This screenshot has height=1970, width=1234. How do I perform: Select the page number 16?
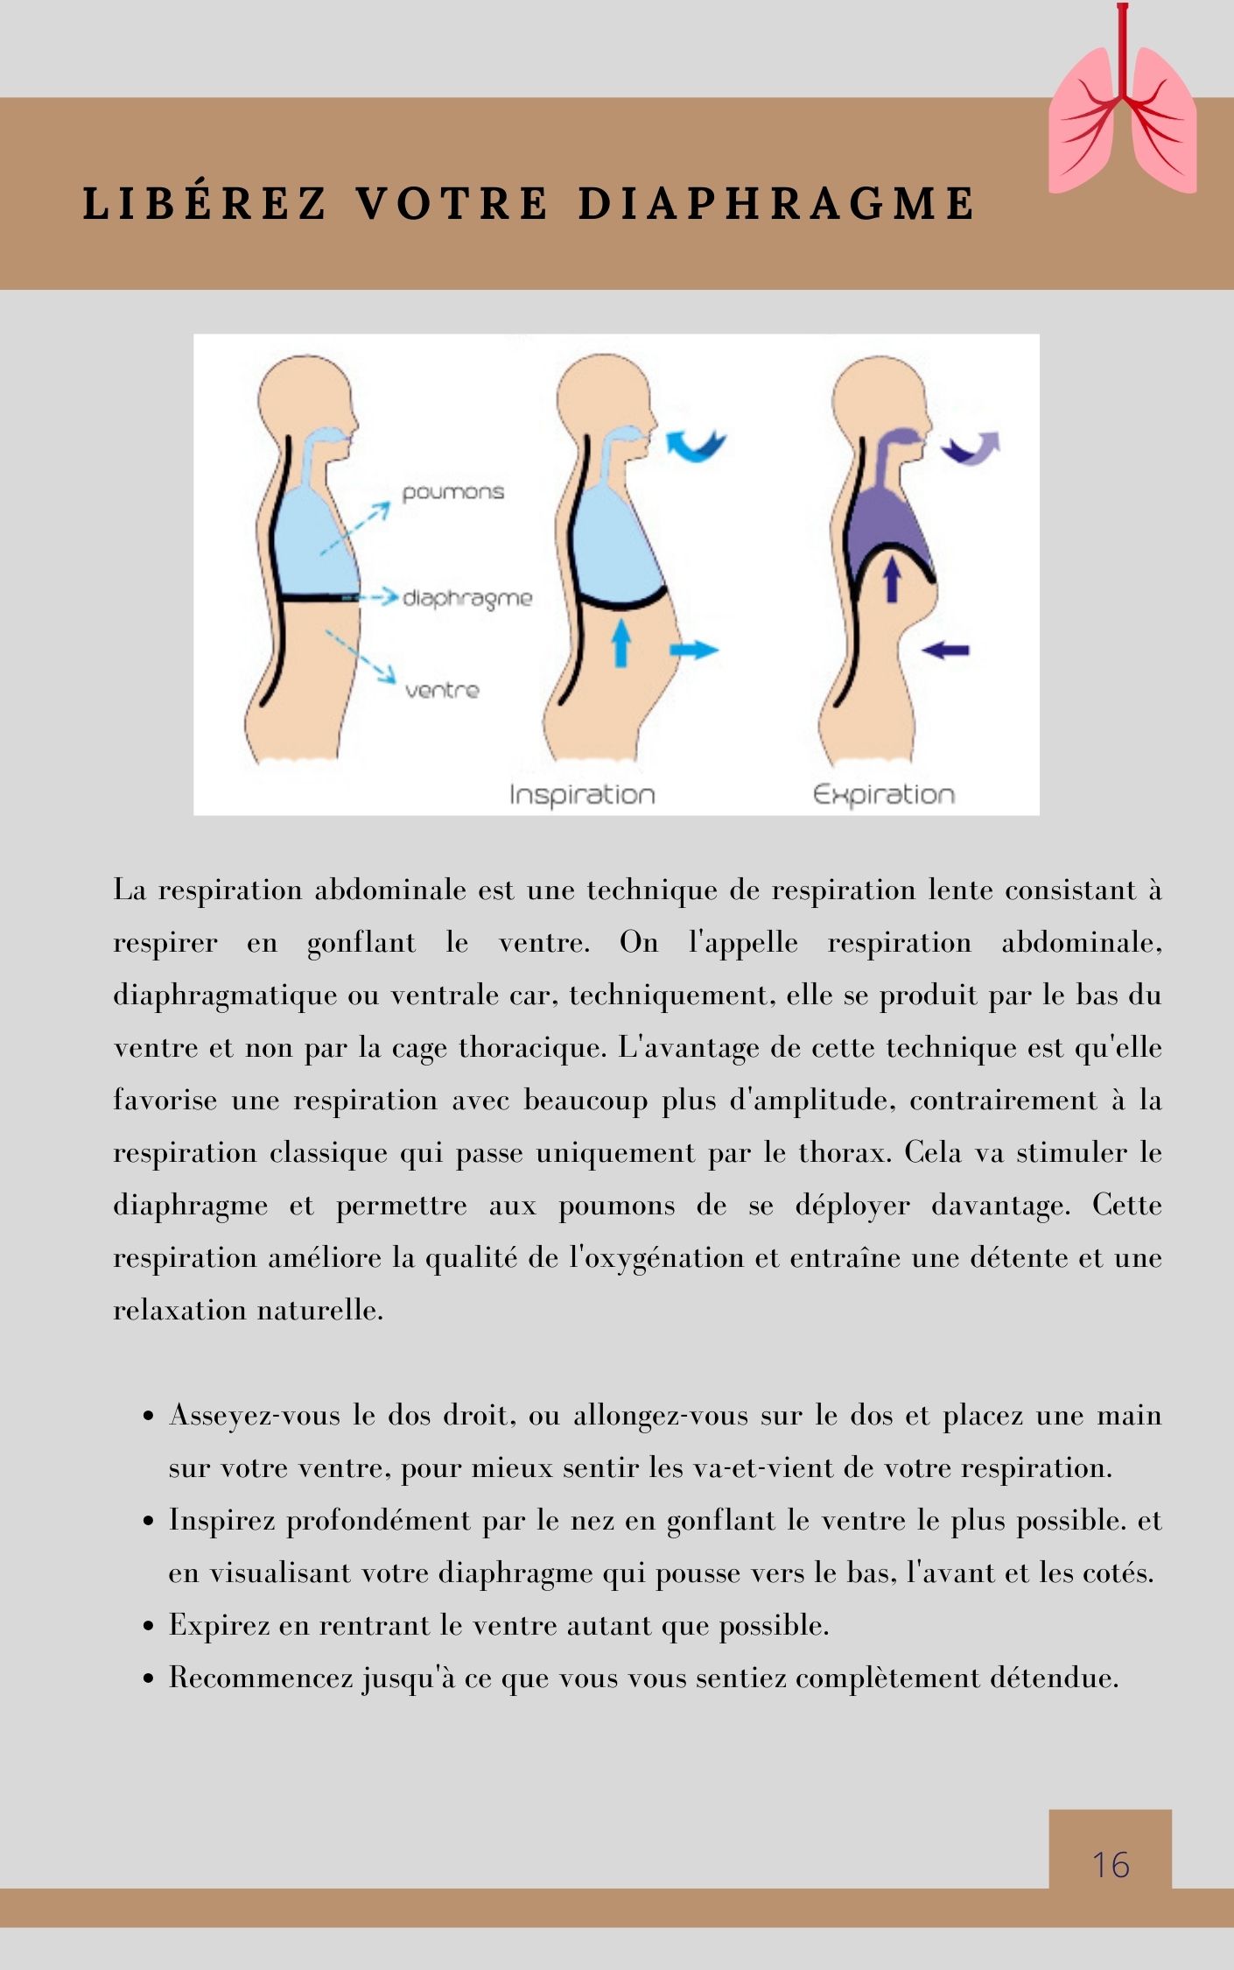[x=1110, y=1865]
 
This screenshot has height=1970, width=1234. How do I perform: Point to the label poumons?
[x=452, y=492]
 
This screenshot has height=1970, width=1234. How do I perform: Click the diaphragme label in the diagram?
[x=466, y=598]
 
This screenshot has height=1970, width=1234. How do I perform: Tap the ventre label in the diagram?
[x=442, y=691]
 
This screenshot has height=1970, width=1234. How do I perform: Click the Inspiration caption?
[x=582, y=795]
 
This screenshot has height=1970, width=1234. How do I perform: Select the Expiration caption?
[x=883, y=795]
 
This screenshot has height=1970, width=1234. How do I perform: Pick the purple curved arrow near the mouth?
[x=971, y=448]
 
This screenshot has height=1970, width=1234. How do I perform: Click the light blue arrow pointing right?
[x=694, y=650]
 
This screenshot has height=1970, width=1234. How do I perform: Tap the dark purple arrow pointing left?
[x=947, y=650]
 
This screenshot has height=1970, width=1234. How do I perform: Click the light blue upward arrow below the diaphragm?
[x=621, y=642]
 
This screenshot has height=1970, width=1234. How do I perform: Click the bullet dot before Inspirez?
[x=149, y=1522]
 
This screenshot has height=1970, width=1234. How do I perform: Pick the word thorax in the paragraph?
[x=844, y=1152]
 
